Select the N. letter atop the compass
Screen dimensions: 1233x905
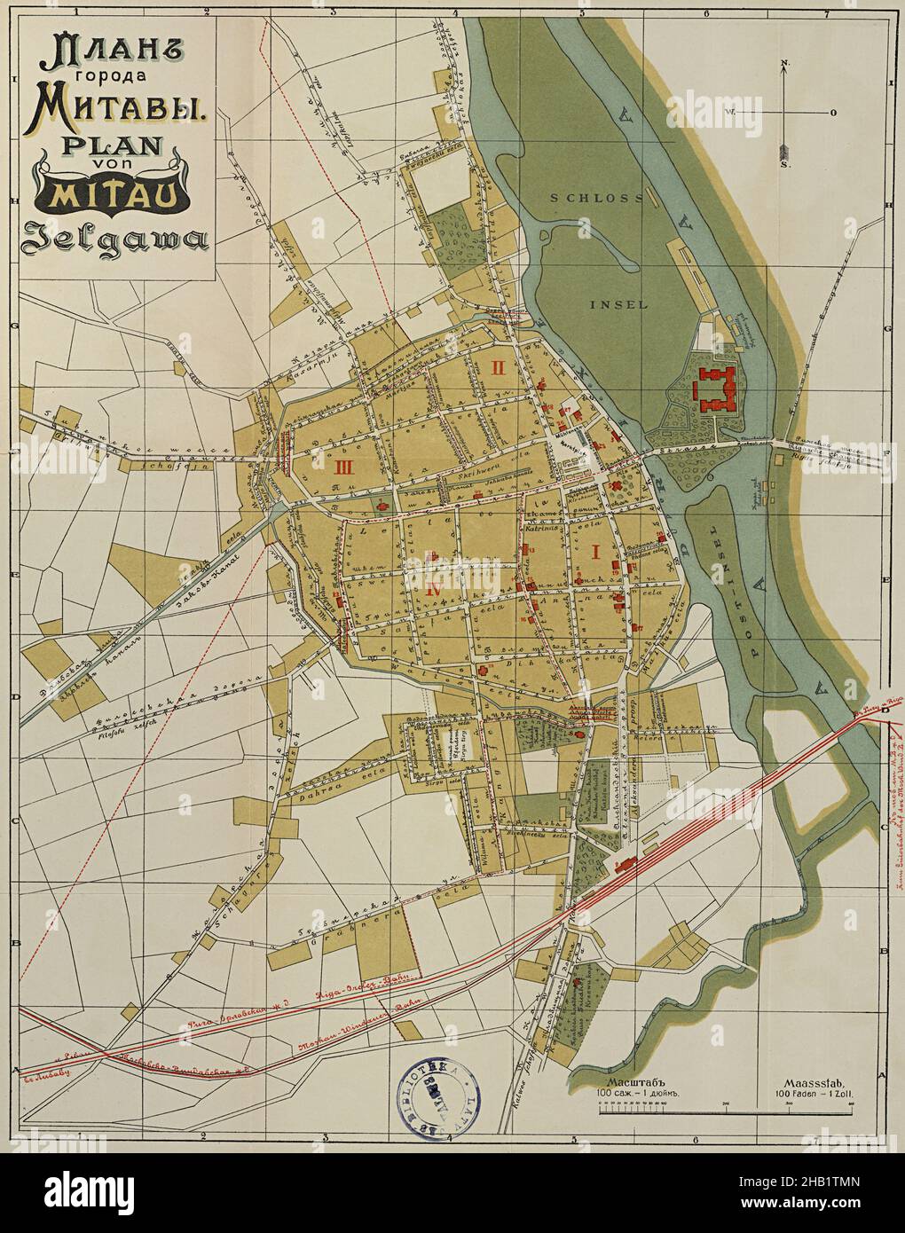click(785, 63)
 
